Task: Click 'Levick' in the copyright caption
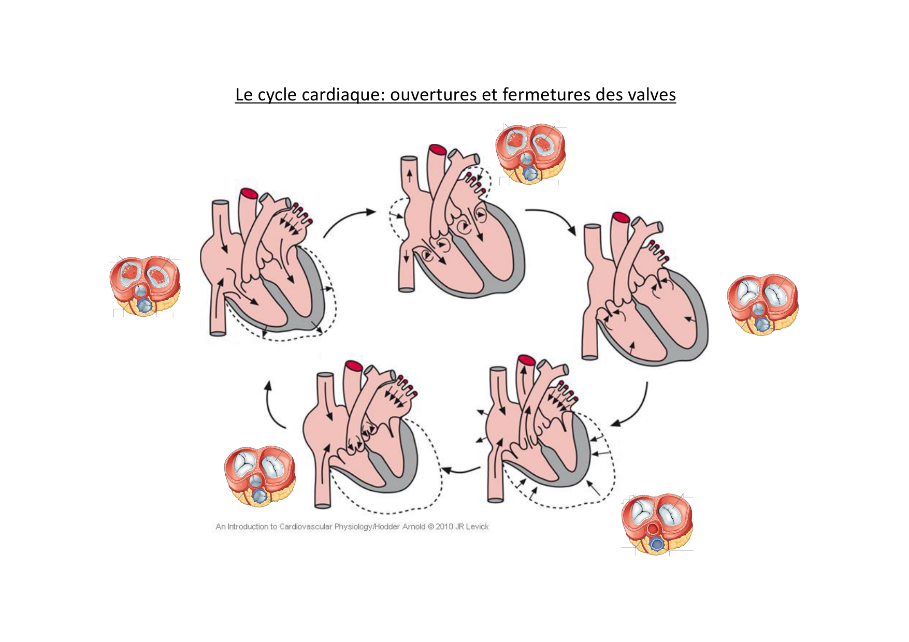pos(477,527)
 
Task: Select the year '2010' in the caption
pos(444,527)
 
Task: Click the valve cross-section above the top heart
pos(530,154)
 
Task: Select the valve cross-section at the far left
pos(145,286)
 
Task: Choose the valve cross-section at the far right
pos(762,304)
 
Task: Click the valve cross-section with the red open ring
pos(657,524)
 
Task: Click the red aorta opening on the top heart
pos(438,150)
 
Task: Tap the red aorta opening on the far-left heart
pos(249,194)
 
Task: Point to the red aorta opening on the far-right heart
pos(621,217)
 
